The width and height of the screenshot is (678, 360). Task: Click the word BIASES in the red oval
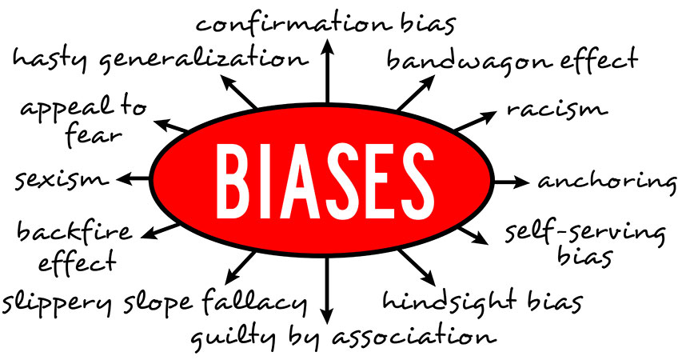point(325,181)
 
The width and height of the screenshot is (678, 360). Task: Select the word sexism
point(62,179)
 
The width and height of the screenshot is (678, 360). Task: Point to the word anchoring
point(607,181)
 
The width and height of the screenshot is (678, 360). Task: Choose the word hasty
point(50,59)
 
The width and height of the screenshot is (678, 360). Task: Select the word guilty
point(233,337)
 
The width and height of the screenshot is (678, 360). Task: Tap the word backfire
point(74,231)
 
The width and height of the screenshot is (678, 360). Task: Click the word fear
point(93,135)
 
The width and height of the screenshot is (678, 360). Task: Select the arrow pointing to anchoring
point(511,182)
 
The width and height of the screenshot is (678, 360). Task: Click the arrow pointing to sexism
point(134,178)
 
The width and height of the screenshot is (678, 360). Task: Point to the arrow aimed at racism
point(476,120)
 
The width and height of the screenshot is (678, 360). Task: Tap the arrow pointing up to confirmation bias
point(327,70)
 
